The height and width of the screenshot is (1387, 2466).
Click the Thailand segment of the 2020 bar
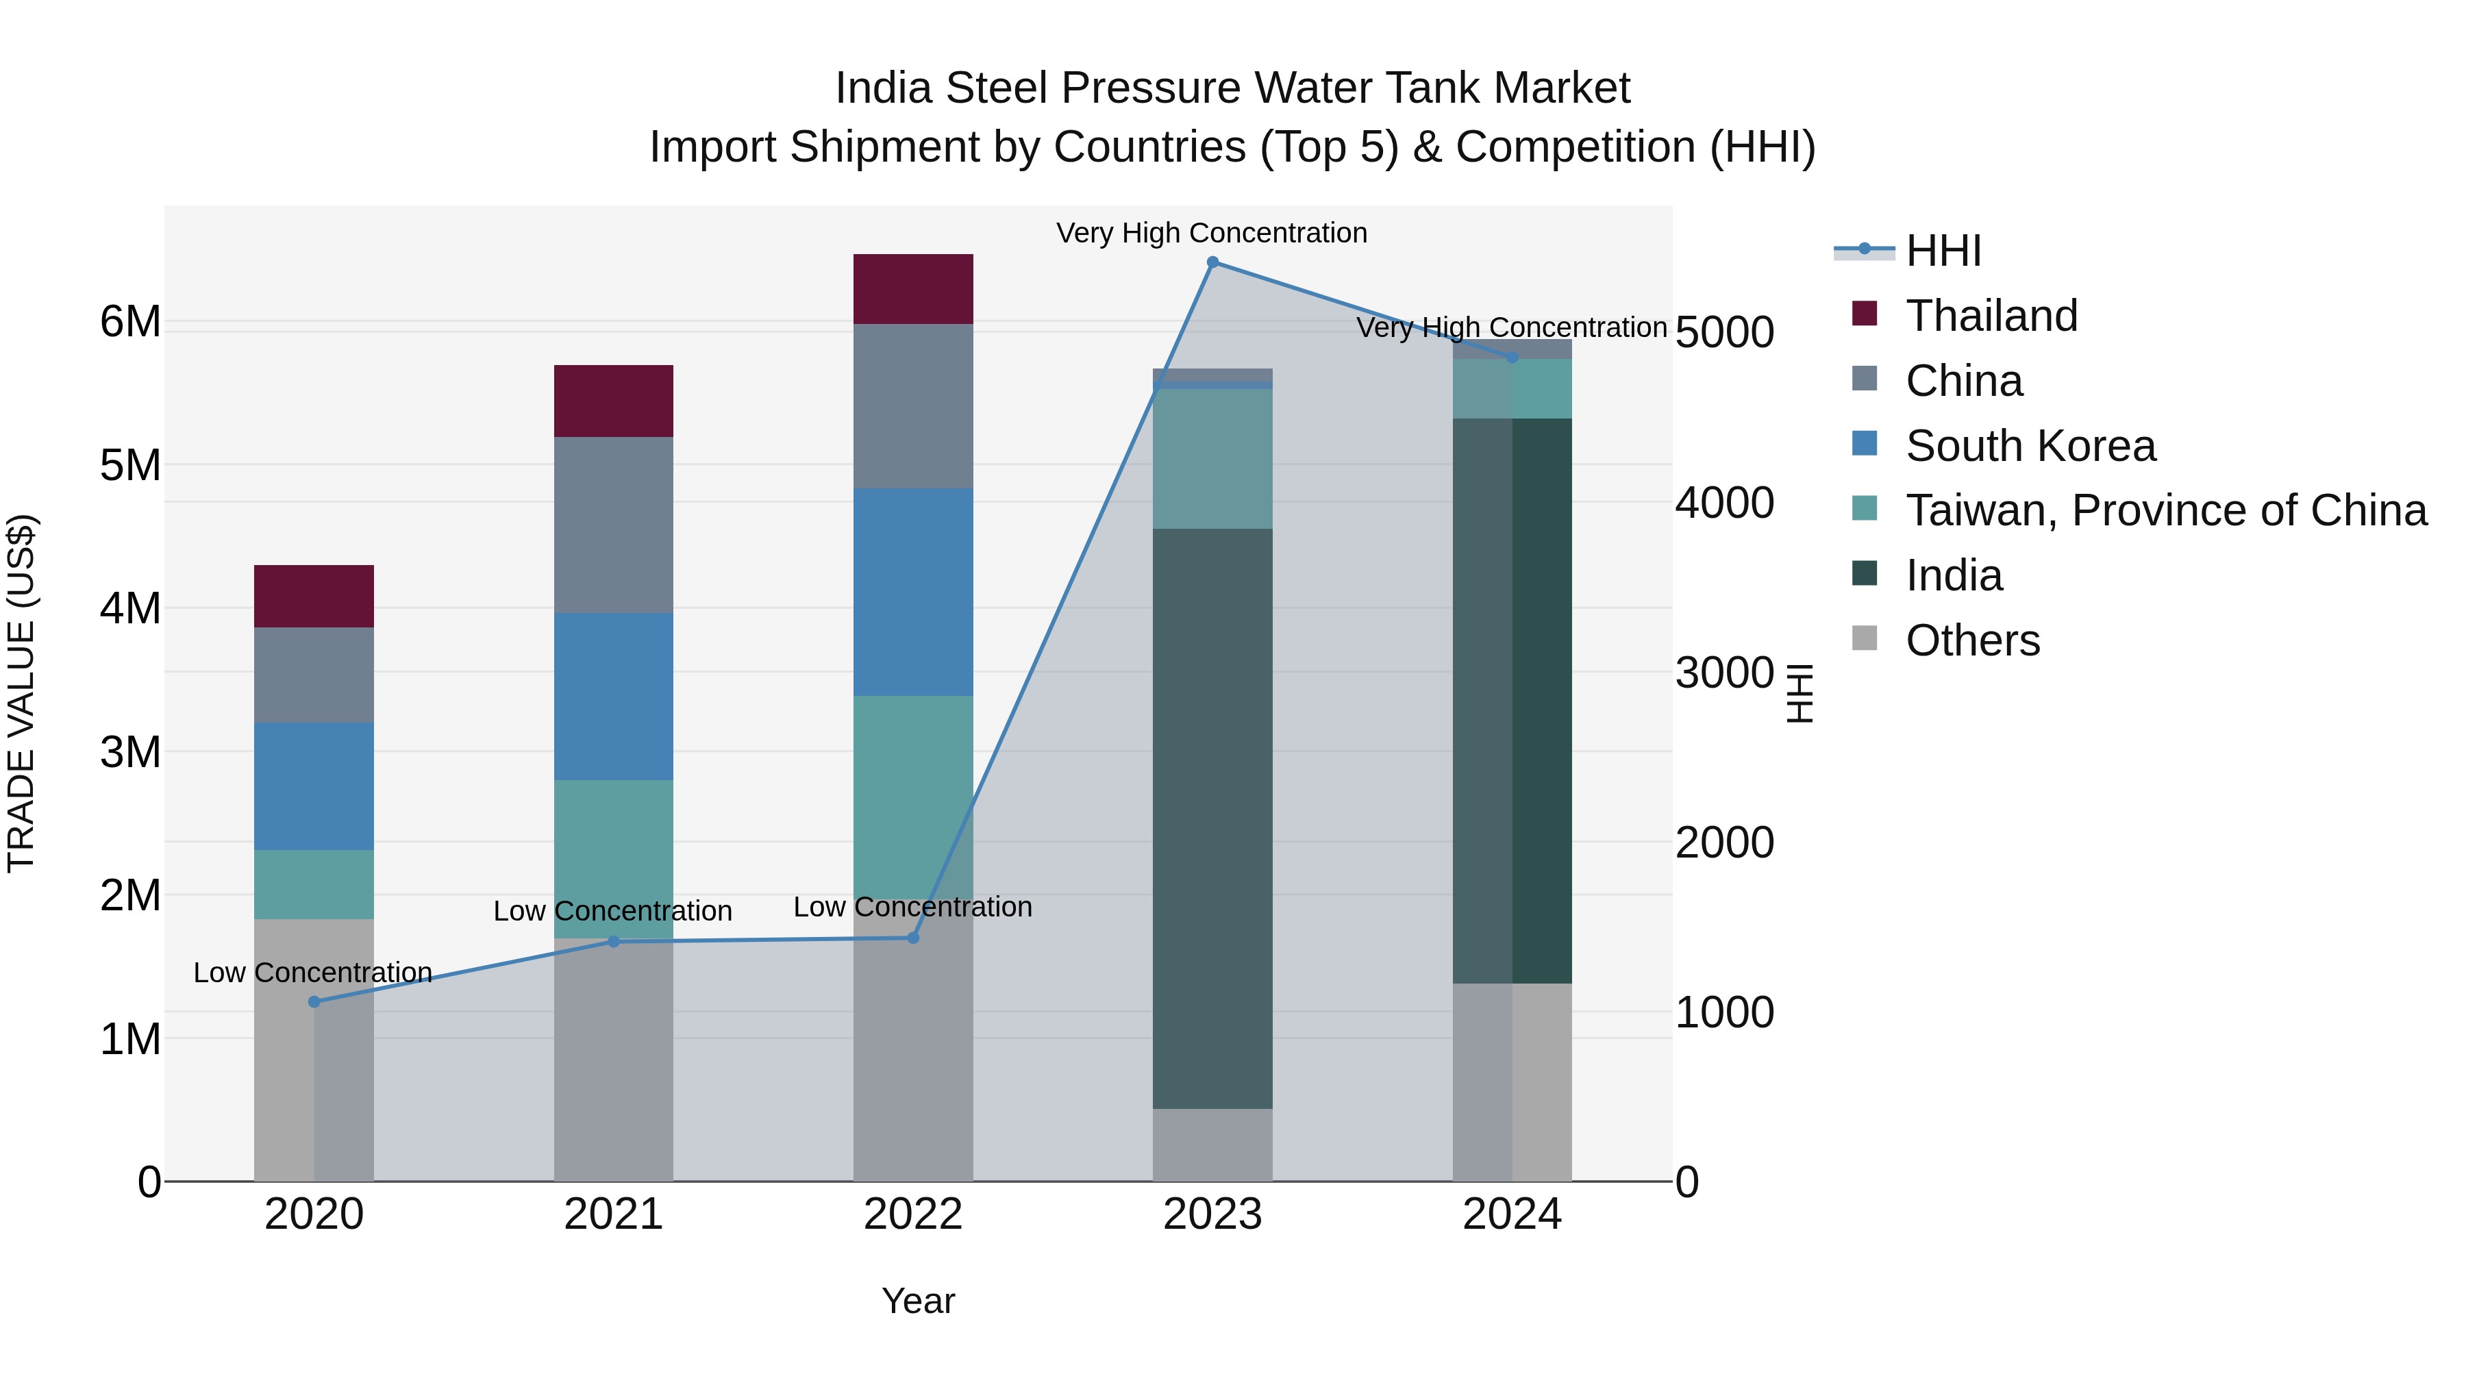coord(313,597)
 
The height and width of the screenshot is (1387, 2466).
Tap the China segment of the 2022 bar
coord(912,406)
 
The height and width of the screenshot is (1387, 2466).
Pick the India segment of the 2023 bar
coord(1212,819)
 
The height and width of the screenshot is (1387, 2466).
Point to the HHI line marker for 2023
coord(1212,262)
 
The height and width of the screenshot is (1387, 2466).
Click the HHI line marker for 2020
coord(314,1001)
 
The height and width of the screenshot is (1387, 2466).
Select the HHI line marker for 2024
coord(1512,357)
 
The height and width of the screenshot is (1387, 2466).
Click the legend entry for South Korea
coord(2030,446)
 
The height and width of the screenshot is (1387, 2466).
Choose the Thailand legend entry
coord(1991,316)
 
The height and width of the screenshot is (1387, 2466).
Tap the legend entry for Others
coord(1972,640)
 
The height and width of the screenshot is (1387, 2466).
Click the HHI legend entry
coord(1943,251)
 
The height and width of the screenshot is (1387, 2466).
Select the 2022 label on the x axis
coord(912,1214)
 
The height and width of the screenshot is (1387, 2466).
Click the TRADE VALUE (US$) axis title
coord(22,693)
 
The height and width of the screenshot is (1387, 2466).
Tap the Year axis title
coord(917,1301)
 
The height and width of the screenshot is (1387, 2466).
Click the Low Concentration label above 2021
coord(612,910)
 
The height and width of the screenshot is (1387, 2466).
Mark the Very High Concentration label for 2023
coord(1211,233)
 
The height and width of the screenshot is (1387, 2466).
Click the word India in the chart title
coord(883,88)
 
